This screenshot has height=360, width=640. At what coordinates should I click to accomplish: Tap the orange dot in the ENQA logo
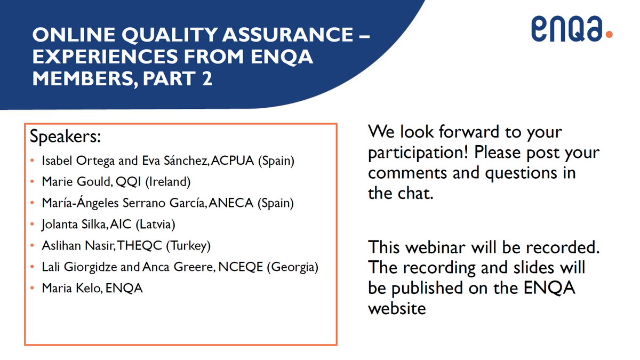tap(609, 35)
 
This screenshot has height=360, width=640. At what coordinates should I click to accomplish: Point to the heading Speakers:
tap(65, 137)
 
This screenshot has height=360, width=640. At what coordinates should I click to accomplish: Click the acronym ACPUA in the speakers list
tap(233, 161)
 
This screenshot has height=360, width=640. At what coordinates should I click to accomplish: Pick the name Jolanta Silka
tap(75, 225)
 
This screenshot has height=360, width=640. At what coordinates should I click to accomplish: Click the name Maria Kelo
tap(71, 289)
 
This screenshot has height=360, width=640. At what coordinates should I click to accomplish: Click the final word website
tap(397, 308)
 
